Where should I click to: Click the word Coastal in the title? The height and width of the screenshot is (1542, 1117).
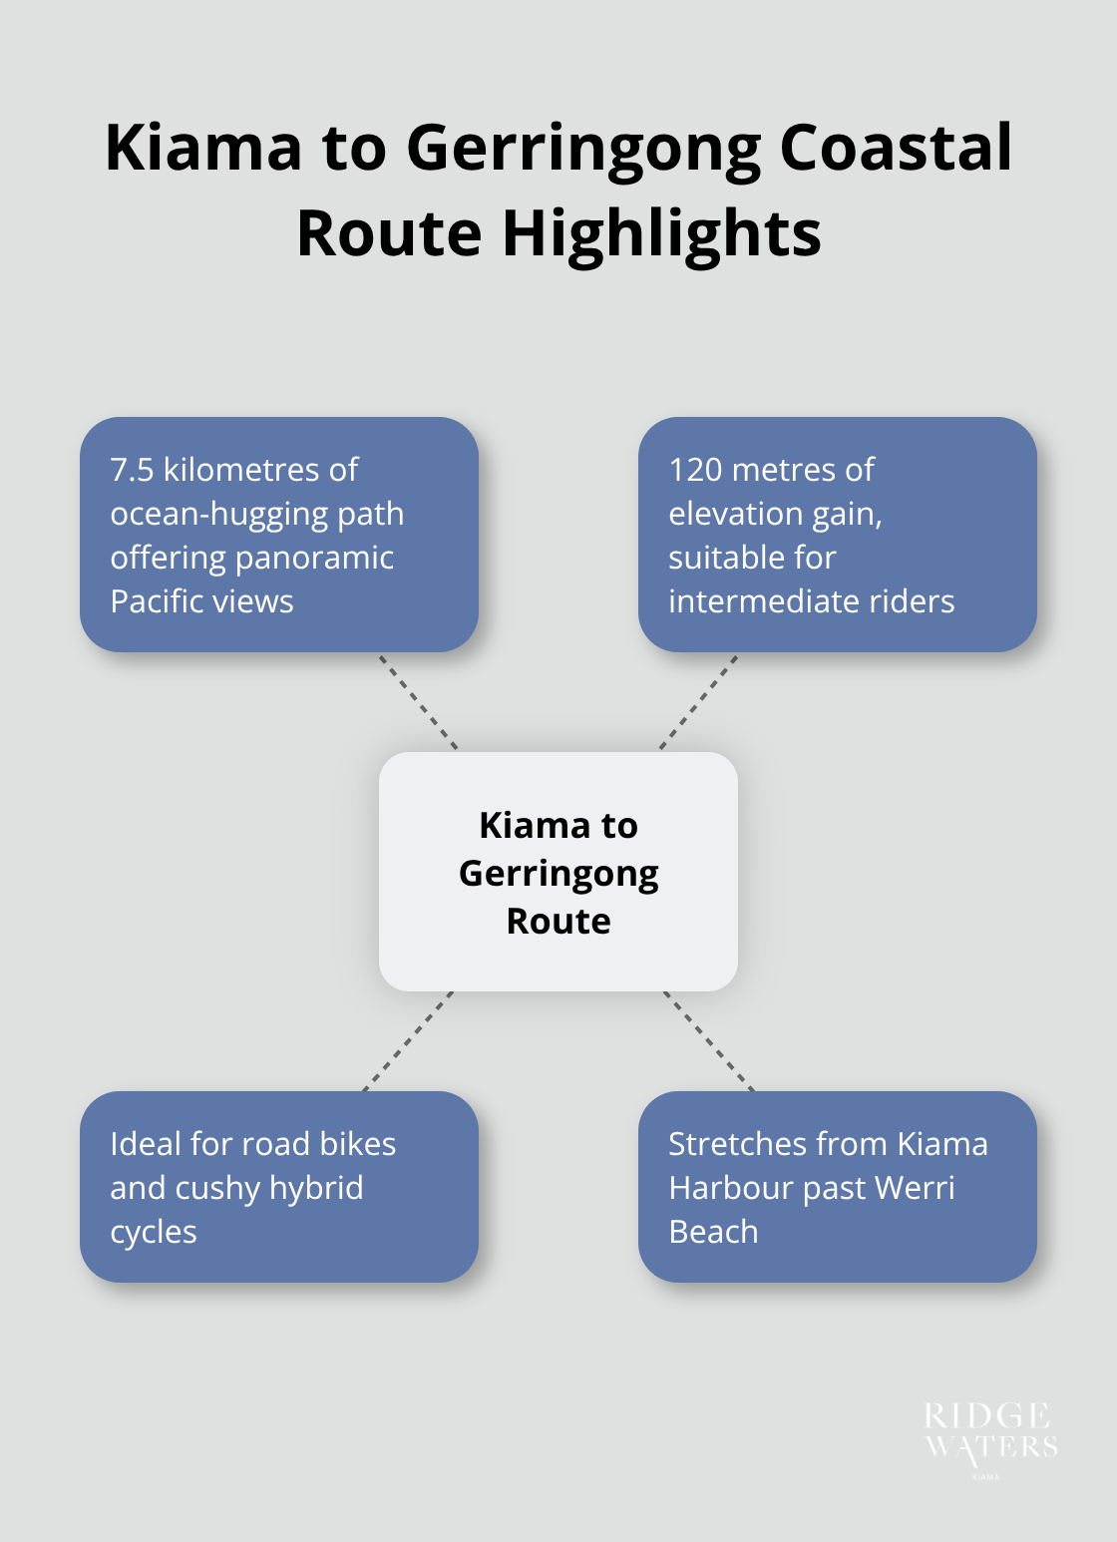point(895,148)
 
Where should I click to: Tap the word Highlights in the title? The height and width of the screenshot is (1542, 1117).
point(661,234)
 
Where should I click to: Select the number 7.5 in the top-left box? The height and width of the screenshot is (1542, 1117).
point(132,470)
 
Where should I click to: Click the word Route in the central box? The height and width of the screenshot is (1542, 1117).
point(558,921)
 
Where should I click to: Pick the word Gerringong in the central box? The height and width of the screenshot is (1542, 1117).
point(558,873)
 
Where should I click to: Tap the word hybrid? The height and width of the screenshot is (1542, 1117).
point(315,1188)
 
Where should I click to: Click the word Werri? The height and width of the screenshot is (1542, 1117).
point(915,1188)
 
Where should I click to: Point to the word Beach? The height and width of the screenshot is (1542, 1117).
point(713,1232)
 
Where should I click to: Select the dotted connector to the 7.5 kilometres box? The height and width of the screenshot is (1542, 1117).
point(418,702)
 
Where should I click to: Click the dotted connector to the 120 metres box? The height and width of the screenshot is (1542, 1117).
point(698,702)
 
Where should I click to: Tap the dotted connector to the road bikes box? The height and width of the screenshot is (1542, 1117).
point(408,1041)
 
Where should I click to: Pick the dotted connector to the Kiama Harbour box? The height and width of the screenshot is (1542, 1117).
point(709,1041)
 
